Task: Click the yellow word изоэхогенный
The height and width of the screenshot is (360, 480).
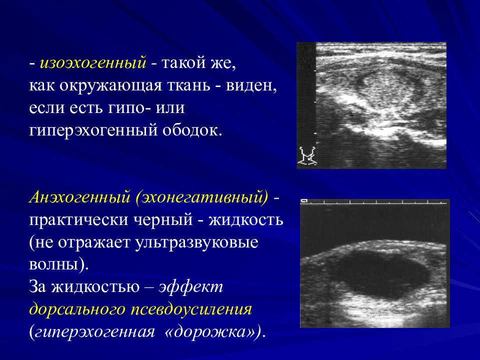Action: pyautogui.click(x=93, y=63)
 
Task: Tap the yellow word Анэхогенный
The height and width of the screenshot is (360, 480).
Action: pyautogui.click(x=79, y=197)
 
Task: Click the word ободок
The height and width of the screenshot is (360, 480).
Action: pyautogui.click(x=191, y=130)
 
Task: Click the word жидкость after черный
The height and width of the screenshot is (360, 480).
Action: pyautogui.click(x=246, y=219)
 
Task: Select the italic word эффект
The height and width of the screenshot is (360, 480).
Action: pyautogui.click(x=191, y=287)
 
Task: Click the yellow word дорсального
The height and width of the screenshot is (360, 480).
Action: pyautogui.click(x=78, y=309)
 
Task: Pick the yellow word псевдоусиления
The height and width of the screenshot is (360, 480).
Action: pyautogui.click(x=191, y=309)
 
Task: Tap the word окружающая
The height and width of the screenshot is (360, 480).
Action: pyautogui.click(x=110, y=86)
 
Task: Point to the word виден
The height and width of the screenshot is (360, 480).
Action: pyautogui.click(x=251, y=86)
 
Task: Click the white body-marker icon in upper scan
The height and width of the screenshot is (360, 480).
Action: pyautogui.click(x=307, y=156)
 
